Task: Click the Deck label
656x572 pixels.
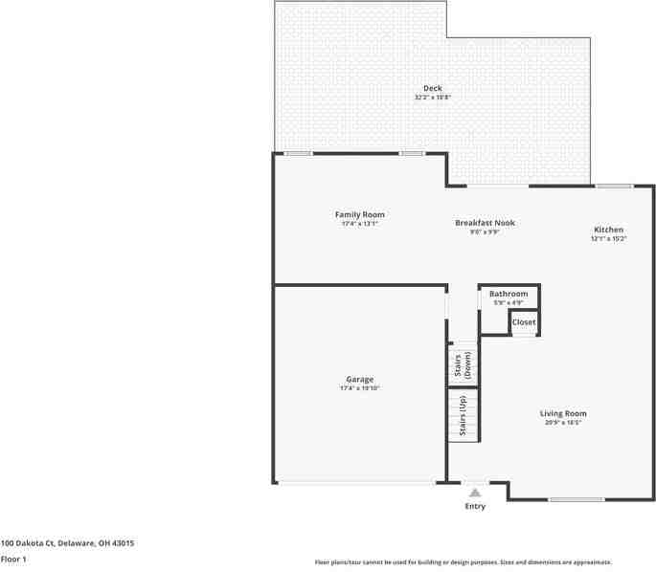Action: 433,88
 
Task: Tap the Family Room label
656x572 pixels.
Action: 359,214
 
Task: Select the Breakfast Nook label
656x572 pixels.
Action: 485,223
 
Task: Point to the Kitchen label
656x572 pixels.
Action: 608,230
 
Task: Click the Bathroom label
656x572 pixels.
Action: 509,294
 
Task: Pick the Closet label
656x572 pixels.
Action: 524,322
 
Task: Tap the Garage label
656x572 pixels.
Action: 359,379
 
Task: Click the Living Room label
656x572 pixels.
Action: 565,413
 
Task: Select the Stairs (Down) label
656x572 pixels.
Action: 464,365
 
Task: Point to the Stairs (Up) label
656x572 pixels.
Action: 464,415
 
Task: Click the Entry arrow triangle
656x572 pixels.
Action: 475,493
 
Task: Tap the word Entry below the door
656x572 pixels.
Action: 475,506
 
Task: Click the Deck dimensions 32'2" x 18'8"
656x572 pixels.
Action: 433,98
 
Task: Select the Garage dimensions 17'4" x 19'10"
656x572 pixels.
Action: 359,388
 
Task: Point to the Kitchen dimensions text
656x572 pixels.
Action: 608,239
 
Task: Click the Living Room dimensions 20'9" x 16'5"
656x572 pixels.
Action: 565,423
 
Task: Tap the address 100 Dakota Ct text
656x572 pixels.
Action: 67,543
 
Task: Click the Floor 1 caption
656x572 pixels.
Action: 13,559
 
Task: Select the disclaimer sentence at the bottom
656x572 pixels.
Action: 464,562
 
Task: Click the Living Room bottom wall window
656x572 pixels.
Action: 577,499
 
